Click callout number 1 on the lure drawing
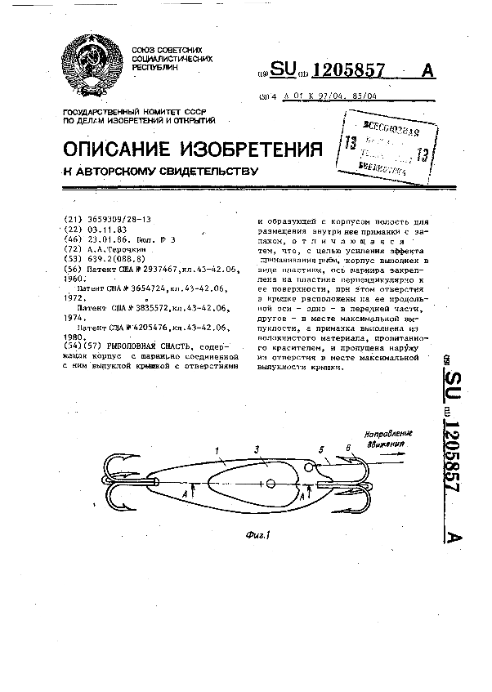[x=216, y=449]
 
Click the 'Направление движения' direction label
[x=388, y=439]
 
